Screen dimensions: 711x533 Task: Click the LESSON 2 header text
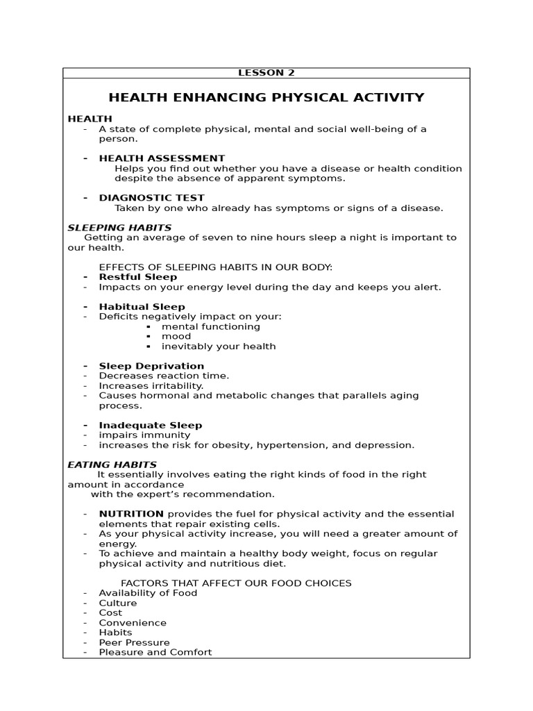click(266, 73)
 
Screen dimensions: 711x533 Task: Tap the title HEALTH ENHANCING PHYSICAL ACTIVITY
click(266, 97)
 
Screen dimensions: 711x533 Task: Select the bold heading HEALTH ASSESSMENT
click(162, 158)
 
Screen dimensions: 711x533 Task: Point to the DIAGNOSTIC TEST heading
click(151, 198)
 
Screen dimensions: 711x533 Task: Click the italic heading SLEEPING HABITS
click(119, 228)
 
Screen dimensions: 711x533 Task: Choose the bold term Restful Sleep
click(138, 277)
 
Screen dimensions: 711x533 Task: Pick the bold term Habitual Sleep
click(142, 307)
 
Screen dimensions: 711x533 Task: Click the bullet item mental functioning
click(211, 326)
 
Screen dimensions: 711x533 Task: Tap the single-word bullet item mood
click(176, 336)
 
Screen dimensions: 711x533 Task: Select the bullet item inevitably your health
click(219, 346)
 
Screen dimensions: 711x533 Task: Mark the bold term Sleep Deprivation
click(151, 366)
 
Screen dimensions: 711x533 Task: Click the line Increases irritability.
click(151, 385)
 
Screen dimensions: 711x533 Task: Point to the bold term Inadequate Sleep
click(151, 425)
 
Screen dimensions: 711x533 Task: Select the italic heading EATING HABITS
click(112, 465)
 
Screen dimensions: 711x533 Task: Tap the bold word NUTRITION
click(131, 514)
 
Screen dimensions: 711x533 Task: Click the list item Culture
click(118, 603)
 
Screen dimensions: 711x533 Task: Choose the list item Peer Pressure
click(134, 643)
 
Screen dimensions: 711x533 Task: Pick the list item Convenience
click(133, 623)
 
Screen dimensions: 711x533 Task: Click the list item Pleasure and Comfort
click(155, 653)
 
